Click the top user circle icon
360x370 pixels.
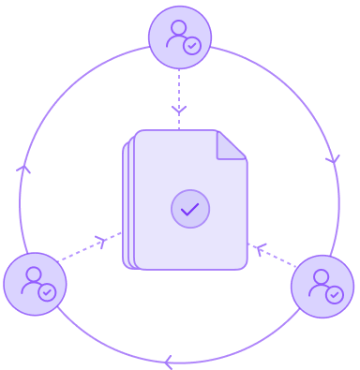click(x=180, y=37)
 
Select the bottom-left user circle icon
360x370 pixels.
click(x=35, y=284)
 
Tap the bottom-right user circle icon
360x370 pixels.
click(x=322, y=287)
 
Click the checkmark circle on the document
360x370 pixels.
click(x=190, y=209)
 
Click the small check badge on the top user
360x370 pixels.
click(x=192, y=46)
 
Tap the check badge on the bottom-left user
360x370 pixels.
click(x=47, y=292)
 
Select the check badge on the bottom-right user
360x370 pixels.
click(x=335, y=295)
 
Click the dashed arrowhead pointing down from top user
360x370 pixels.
click(x=179, y=110)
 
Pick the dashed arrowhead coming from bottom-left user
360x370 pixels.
click(x=101, y=242)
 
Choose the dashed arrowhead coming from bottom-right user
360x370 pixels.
click(x=260, y=248)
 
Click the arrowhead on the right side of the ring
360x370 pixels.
click(x=333, y=160)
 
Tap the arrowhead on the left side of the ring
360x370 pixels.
click(x=24, y=170)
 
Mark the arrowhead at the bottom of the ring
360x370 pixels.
click(x=168, y=362)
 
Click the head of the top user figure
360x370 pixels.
click(x=176, y=27)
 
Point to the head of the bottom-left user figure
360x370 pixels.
click(x=32, y=274)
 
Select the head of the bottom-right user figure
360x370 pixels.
click(x=320, y=276)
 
